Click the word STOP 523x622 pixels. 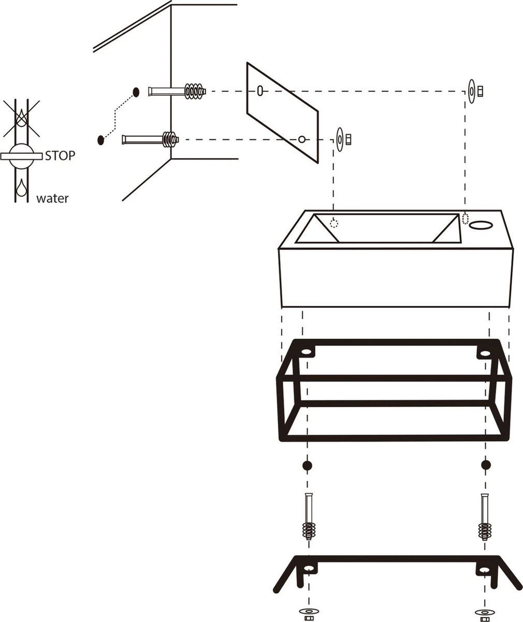(60, 155)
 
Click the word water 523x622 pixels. (52, 198)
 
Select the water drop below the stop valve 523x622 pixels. (21, 188)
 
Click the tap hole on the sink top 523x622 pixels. (482, 224)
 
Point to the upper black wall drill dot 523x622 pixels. (136, 92)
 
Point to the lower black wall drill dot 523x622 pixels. (100, 139)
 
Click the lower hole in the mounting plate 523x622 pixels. (301, 139)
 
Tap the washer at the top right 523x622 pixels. (472, 91)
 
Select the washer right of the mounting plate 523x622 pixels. (340, 139)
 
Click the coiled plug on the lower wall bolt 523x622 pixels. (169, 139)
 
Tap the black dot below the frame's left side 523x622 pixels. (307, 465)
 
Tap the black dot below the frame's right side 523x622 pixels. (485, 465)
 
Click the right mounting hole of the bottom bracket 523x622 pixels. (485, 570)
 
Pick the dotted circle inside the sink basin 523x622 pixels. (334, 224)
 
